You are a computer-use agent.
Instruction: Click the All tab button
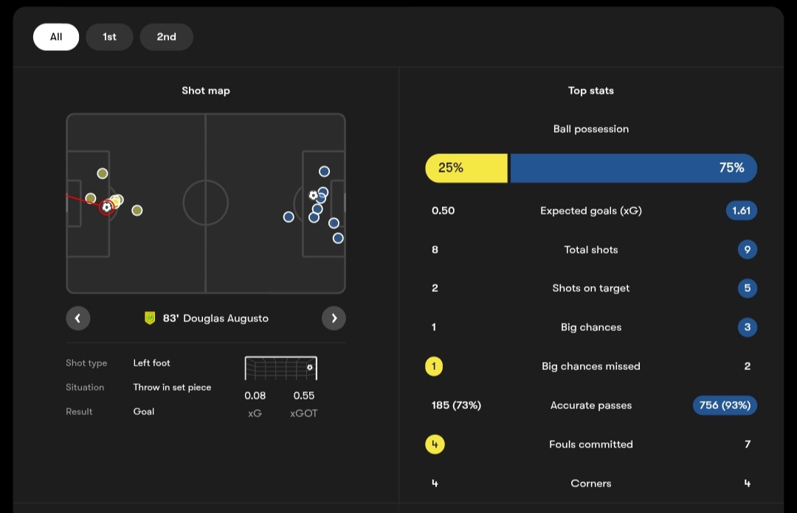[x=56, y=37]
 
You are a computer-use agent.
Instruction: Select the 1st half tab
[x=109, y=37]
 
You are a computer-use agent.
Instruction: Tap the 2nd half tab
[x=166, y=37]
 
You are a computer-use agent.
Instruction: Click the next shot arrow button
[x=334, y=318]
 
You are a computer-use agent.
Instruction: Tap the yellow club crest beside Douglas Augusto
[x=150, y=318]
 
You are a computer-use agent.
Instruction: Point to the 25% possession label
[x=451, y=168]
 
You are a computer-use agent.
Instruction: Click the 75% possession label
[x=731, y=168]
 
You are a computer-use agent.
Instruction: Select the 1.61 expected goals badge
[x=741, y=211]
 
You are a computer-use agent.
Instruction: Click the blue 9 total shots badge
[x=747, y=250]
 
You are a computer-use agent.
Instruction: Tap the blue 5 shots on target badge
[x=747, y=288]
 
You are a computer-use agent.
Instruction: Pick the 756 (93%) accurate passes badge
[x=725, y=405]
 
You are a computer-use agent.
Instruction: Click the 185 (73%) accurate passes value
[x=456, y=405]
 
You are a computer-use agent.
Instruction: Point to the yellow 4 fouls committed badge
[x=435, y=444]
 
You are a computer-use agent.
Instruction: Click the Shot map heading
[x=206, y=91]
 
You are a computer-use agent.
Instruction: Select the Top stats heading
[x=590, y=91]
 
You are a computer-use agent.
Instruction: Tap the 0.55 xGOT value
[x=304, y=396]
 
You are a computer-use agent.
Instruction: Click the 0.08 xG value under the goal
[x=255, y=396]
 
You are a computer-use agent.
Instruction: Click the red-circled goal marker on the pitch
[x=107, y=207]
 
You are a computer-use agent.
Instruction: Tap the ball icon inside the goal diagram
[x=309, y=367]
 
